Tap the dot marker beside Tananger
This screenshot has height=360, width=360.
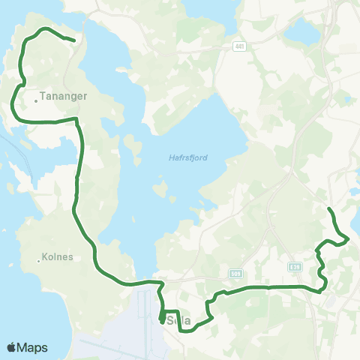pos(35,97)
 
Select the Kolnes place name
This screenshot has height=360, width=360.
pos(58,256)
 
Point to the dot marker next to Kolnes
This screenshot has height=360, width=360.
pos(38,261)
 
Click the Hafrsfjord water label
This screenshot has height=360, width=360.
pos(188,157)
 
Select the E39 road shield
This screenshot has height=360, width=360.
pos(295,266)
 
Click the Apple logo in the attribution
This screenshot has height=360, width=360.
pos(11,348)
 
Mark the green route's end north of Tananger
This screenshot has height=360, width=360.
pos(74,40)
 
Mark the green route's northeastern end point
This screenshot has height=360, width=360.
pos(329,207)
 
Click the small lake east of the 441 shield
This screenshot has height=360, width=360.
pos(304,31)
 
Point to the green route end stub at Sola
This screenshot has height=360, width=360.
pos(162,322)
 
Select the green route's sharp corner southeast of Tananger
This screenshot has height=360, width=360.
pos(77,118)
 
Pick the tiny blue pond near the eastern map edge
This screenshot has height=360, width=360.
pos(354,193)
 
